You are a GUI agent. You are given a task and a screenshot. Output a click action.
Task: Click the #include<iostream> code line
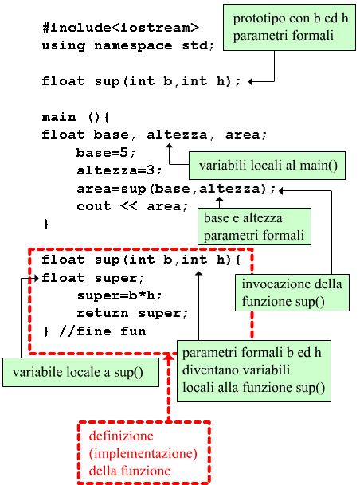(120, 28)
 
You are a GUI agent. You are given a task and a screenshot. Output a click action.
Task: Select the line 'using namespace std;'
(128, 45)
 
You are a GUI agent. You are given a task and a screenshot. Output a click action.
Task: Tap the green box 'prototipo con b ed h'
(289, 27)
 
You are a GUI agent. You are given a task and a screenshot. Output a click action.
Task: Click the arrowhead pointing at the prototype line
(251, 82)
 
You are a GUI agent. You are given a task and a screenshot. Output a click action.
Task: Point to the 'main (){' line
(76, 117)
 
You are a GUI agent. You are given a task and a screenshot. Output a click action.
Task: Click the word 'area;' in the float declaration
(246, 135)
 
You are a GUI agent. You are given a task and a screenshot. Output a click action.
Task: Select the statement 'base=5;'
(106, 153)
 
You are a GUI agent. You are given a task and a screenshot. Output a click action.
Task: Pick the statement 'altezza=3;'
(119, 170)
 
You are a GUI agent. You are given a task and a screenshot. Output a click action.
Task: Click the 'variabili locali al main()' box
(267, 166)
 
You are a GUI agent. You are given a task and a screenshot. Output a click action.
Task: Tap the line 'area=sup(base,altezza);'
(176, 189)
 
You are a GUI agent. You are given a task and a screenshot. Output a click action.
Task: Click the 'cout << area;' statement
(132, 206)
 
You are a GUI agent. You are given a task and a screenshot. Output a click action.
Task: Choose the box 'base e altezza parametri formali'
(254, 226)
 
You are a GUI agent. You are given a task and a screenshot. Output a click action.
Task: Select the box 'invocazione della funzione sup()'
(292, 292)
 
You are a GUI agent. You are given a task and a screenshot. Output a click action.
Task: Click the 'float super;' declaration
(92, 278)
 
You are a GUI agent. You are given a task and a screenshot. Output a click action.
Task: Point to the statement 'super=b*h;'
(119, 295)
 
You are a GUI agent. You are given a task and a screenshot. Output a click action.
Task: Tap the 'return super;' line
(132, 313)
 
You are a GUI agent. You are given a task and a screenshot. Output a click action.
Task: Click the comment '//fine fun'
(103, 331)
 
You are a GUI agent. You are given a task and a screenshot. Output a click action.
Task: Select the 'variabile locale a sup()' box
(80, 373)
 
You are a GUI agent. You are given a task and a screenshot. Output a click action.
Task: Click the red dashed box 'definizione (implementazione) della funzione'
(144, 452)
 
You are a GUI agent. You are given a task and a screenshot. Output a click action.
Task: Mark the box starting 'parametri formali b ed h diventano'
(254, 371)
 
